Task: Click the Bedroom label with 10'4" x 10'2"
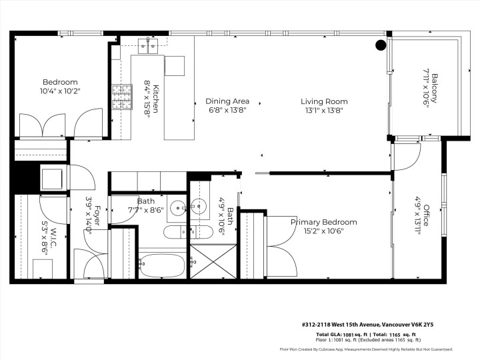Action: pyautogui.click(x=59, y=82)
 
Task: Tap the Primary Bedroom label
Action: pyautogui.click(x=323, y=222)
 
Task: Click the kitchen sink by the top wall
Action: pyautogui.click(x=147, y=45)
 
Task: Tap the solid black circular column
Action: pyautogui.click(x=381, y=45)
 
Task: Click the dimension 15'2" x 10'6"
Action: pyautogui.click(x=323, y=231)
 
